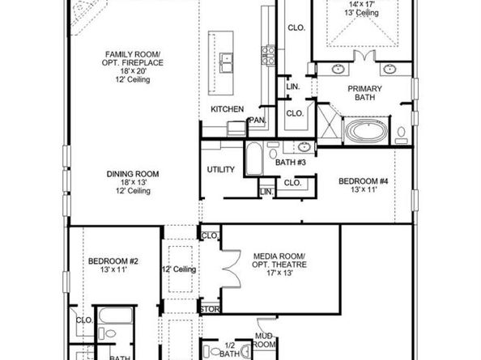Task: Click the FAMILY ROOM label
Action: click(x=133, y=54)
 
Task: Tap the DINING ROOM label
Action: click(x=133, y=174)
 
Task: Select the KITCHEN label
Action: click(x=228, y=109)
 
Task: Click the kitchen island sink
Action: click(x=226, y=62)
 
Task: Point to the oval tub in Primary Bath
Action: click(x=366, y=131)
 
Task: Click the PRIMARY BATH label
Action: click(x=364, y=93)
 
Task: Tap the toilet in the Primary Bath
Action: click(x=402, y=135)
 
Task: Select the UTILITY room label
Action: click(x=220, y=169)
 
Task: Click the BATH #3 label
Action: click(x=291, y=163)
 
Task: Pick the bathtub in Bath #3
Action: click(x=254, y=159)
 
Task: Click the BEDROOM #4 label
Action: click(x=364, y=181)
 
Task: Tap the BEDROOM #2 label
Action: click(x=113, y=261)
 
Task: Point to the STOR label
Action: click(x=210, y=310)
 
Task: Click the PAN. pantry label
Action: click(x=258, y=120)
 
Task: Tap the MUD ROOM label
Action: click(x=264, y=341)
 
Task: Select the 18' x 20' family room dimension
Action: click(x=133, y=71)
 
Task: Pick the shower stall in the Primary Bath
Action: click(x=329, y=125)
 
